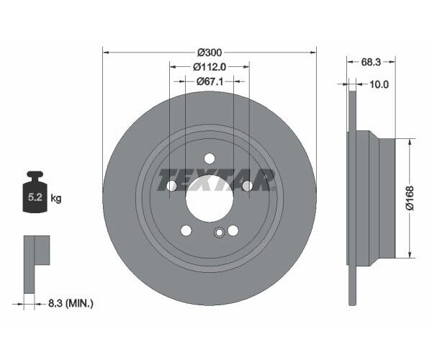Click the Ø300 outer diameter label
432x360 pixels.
(210, 52)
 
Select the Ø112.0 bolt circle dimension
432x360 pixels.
(210, 66)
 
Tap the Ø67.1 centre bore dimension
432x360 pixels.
(210, 81)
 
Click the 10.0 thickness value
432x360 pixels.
(379, 84)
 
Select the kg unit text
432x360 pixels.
(55, 197)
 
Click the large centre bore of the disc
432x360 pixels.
(210, 198)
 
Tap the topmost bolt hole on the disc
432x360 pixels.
(210, 158)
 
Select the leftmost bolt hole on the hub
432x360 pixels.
(172, 186)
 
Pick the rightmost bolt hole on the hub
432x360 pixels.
(247, 186)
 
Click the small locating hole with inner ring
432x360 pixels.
(219, 232)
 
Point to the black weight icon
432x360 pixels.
(35, 193)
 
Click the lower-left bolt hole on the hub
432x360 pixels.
(186, 230)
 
